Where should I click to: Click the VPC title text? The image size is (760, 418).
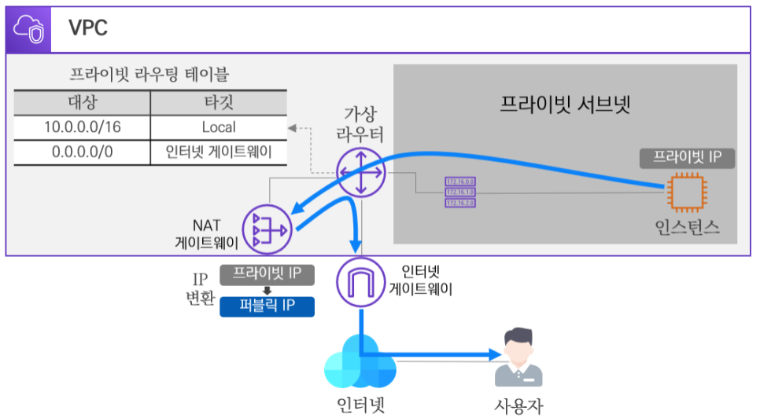88,29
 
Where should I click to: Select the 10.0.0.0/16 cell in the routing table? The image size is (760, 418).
82,126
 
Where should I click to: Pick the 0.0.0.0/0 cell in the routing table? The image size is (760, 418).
82,152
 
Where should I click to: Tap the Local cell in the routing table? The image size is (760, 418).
218,126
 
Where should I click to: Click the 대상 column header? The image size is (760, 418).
82,102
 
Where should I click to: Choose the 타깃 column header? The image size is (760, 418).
218,102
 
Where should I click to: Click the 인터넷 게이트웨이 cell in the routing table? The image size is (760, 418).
218,152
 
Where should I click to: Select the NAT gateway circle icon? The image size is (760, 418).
267,229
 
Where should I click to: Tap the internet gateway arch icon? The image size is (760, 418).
360,281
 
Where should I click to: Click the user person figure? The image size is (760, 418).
518,358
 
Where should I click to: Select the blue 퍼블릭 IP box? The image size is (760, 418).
267,306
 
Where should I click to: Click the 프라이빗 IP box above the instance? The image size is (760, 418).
687,157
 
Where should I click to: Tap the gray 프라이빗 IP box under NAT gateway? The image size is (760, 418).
267,274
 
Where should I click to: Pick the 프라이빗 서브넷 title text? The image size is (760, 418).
565,104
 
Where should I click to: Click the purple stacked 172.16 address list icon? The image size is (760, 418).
460,192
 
